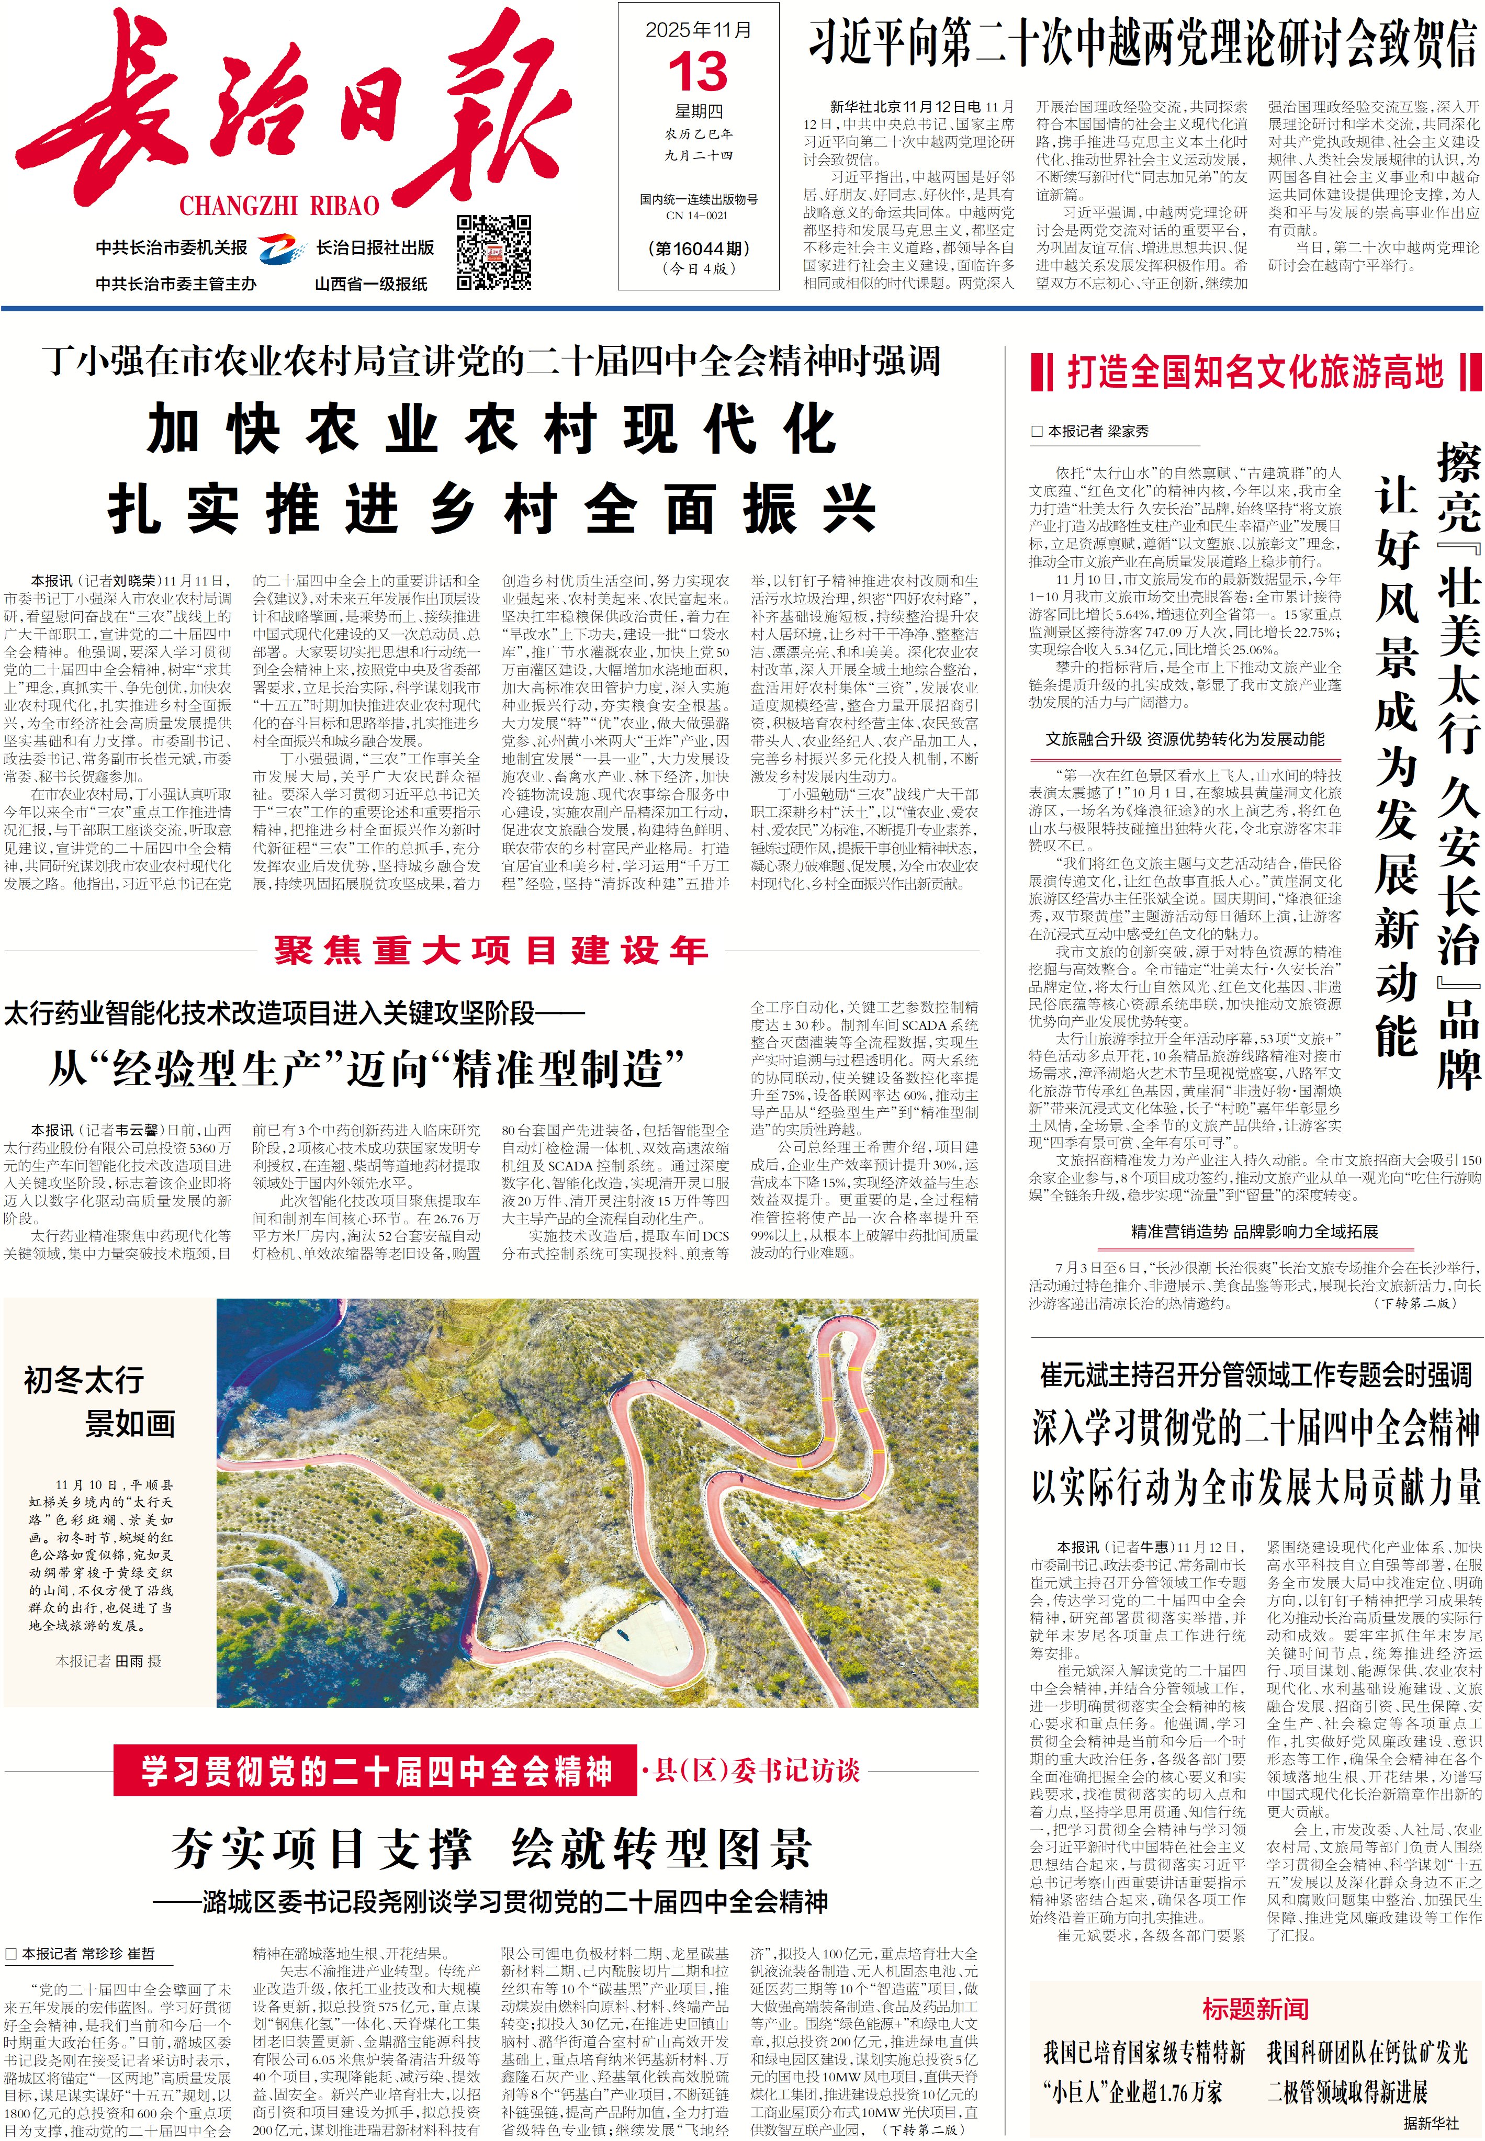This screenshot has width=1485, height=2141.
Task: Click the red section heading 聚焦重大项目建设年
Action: (491, 950)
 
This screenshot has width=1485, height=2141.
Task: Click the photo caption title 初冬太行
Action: (84, 1380)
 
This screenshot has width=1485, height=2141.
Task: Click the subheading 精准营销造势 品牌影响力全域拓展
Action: (1254, 1231)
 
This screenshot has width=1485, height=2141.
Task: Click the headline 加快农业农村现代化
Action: (491, 430)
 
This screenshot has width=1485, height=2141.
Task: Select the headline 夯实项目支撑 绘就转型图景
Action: (491, 1850)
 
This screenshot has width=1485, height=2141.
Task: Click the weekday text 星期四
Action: (698, 111)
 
